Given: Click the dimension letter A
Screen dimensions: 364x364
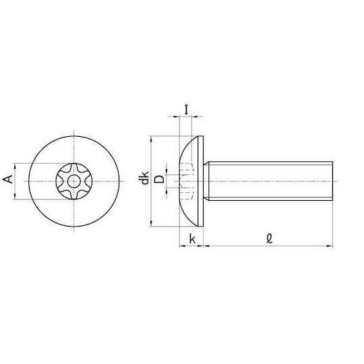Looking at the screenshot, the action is tap(8, 180).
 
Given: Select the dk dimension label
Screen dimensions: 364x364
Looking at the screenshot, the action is tap(144, 178).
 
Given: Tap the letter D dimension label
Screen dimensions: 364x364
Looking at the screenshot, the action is tap(159, 179).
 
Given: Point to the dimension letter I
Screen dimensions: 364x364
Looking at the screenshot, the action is tap(186, 110).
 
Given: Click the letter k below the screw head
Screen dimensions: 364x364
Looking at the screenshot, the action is tap(192, 239).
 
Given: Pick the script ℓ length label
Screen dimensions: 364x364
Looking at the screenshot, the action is tap(269, 239).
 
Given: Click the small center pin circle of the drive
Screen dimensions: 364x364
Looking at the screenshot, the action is tap(74, 181).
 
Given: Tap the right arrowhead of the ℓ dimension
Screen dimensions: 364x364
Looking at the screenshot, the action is tap(330, 246).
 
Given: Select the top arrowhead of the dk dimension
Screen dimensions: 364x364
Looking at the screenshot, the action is tap(152, 140).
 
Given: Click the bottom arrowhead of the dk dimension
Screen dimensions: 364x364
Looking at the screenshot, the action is tap(152, 223).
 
